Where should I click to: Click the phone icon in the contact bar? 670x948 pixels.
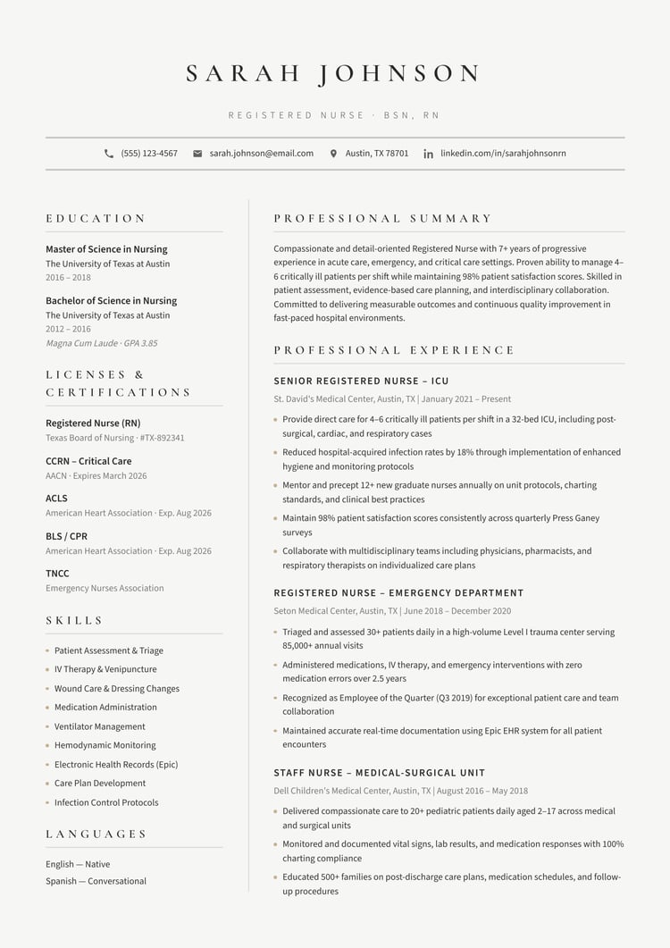pos(109,154)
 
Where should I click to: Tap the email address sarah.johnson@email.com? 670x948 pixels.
pos(262,154)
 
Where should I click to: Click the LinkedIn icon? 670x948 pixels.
pos(429,154)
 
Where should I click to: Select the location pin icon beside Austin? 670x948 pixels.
pos(334,154)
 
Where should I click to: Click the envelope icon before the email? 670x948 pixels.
pos(197,154)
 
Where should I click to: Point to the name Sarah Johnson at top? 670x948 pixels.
pos(334,73)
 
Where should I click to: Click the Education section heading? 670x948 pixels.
pos(96,218)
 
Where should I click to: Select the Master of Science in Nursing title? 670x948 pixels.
pos(106,249)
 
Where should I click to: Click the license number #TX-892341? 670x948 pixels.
pos(163,438)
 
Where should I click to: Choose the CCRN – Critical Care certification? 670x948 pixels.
pos(88,461)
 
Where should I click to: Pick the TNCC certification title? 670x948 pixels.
pos(57,574)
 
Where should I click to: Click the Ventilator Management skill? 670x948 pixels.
pos(99,726)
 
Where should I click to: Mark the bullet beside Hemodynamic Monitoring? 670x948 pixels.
pos(47,745)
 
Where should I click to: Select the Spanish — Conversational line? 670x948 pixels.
pos(96,881)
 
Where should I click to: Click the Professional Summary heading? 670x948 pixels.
pos(383,218)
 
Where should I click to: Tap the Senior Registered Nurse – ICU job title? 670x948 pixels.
pos(361,382)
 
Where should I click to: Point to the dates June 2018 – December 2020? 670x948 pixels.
pos(457,611)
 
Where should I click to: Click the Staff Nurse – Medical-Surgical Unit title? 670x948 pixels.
pos(380,773)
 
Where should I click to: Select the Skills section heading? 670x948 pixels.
pos(75,620)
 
